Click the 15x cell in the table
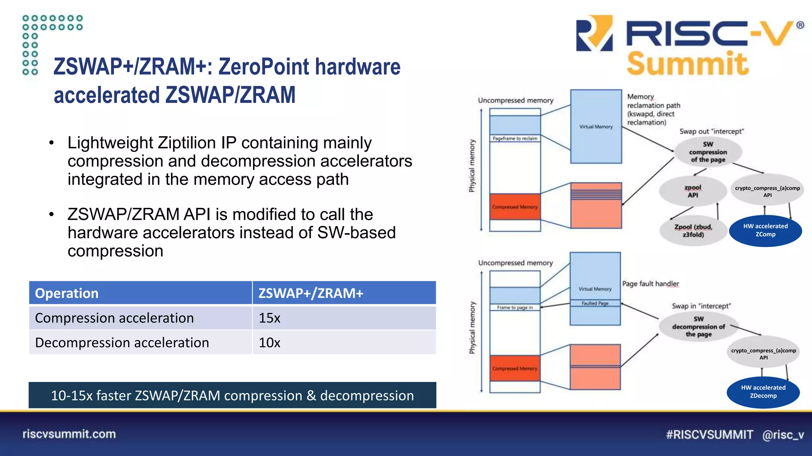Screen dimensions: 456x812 pyautogui.click(x=270, y=318)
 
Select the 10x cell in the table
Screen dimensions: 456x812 pyautogui.click(x=270, y=342)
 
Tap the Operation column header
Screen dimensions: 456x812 pyautogui.click(x=67, y=293)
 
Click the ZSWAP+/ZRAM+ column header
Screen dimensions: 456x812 pyautogui.click(x=311, y=293)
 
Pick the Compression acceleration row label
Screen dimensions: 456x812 pyautogui.click(x=114, y=318)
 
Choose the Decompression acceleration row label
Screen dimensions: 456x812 pyautogui.click(x=122, y=342)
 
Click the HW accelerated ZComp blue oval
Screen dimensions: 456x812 pyautogui.click(x=765, y=230)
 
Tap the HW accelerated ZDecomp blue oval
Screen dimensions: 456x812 pyautogui.click(x=763, y=392)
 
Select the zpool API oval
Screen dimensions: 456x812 pyautogui.click(x=693, y=191)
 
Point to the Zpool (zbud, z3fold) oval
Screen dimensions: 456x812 pyautogui.click(x=693, y=231)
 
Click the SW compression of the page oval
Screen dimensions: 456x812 pyautogui.click(x=708, y=152)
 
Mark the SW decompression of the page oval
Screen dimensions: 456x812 pyautogui.click(x=699, y=327)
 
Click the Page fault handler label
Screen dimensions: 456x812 pyautogui.click(x=650, y=284)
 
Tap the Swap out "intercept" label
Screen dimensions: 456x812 pyautogui.click(x=711, y=131)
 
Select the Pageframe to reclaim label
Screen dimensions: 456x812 pyautogui.click(x=515, y=139)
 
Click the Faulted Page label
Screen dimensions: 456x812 pyautogui.click(x=595, y=303)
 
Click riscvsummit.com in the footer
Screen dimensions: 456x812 pyautogui.click(x=69, y=434)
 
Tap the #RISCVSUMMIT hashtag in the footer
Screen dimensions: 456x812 pyautogui.click(x=709, y=435)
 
